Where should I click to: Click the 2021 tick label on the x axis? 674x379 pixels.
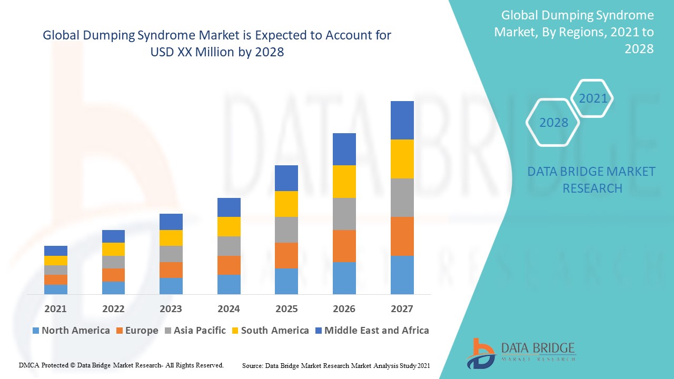55,308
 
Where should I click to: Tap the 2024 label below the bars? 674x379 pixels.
229,308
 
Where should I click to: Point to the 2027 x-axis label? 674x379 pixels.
402,308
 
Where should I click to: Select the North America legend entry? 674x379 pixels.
71,331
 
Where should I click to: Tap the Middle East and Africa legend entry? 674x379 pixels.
372,331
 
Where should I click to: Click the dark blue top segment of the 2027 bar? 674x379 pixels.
402,120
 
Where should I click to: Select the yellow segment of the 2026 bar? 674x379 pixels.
344,182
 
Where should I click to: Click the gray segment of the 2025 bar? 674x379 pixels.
286,230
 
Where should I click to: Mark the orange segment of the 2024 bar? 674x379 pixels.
229,265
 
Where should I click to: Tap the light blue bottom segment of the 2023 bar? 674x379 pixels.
171,286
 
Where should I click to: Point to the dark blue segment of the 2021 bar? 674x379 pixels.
55,251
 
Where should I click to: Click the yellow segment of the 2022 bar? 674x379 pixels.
113,249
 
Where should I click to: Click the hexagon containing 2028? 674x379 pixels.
553,122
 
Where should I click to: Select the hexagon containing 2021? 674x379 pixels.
593,98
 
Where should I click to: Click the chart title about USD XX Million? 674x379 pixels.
217,44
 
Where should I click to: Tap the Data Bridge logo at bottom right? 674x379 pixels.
521,352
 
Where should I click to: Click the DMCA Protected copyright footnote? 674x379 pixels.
122,365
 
